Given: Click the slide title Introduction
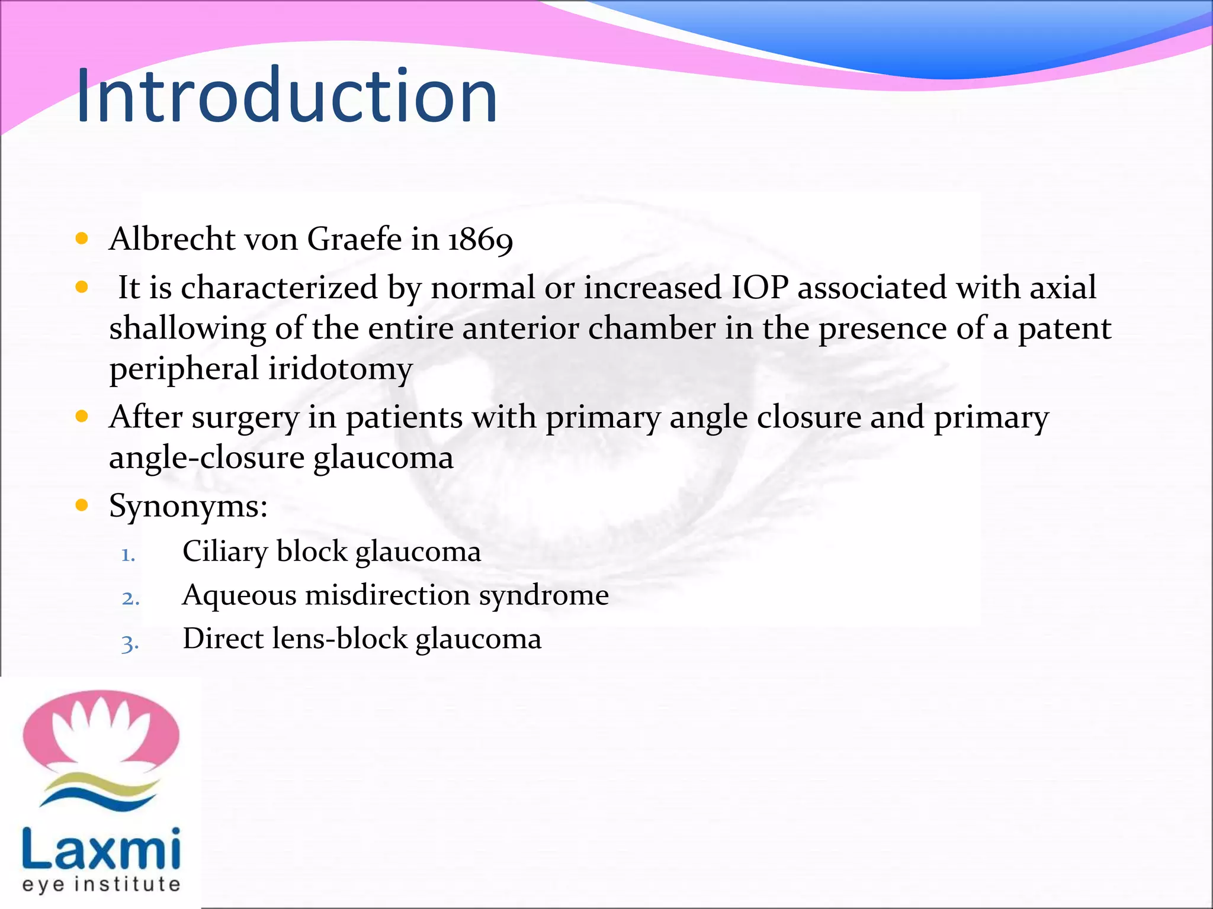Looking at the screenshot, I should [287, 96].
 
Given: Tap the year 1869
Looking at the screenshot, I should [480, 240].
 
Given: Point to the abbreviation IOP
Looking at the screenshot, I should [760, 288].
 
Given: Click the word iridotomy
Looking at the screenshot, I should [340, 369].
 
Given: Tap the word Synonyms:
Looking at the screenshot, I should [188, 507].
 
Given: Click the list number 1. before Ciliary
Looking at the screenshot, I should [129, 555].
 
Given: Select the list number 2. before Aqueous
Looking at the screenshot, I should [130, 598].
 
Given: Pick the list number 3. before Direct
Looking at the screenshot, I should [130, 642].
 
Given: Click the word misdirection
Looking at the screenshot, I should [387, 595].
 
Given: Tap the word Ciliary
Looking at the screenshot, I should [224, 552].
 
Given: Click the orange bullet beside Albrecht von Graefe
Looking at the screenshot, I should [82, 239].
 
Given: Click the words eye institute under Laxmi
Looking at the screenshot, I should [101, 884].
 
